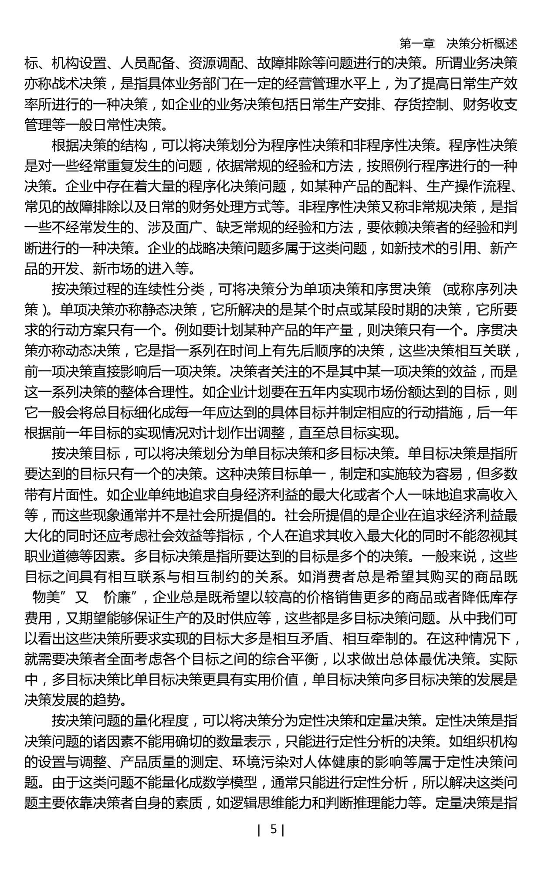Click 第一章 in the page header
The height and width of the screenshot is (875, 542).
417,44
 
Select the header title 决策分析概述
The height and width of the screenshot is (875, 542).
482,44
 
